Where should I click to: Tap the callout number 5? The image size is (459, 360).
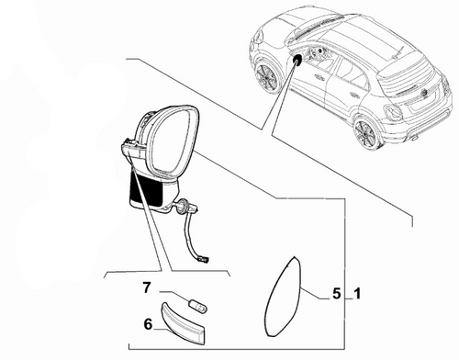tap(336, 295)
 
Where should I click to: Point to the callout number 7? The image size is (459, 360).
tap(146, 288)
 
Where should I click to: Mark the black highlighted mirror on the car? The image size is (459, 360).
tap(299, 60)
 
